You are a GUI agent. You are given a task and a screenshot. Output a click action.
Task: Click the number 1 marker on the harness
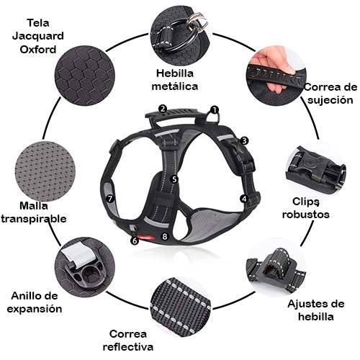pos(214,110)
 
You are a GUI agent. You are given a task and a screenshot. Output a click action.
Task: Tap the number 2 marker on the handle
pos(163,109)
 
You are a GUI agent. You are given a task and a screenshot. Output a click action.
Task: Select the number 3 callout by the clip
pos(244,140)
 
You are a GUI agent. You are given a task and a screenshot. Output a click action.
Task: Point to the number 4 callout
pos(244,199)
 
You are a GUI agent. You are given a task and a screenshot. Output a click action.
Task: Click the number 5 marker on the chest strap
pos(174,179)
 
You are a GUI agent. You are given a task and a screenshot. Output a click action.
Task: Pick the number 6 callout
pos(135,240)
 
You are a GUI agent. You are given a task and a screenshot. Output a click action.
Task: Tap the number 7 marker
pos(110,199)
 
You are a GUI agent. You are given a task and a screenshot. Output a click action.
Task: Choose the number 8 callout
pos(164,236)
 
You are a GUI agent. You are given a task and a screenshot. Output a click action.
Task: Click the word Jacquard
pos(38,37)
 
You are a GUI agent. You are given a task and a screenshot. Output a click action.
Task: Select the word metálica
pos(175,86)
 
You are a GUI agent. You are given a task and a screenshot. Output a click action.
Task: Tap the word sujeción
pos(330,100)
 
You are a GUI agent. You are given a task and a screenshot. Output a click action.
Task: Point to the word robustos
pos(305,215)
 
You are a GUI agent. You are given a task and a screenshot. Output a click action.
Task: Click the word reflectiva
pos(128,347)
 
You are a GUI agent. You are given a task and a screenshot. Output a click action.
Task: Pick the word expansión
pos(35,309)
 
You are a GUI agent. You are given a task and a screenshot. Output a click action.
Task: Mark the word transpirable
pos(34,219)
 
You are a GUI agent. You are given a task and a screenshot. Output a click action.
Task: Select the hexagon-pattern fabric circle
pos(85,76)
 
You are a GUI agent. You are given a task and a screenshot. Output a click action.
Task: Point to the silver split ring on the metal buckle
pos(197,22)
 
